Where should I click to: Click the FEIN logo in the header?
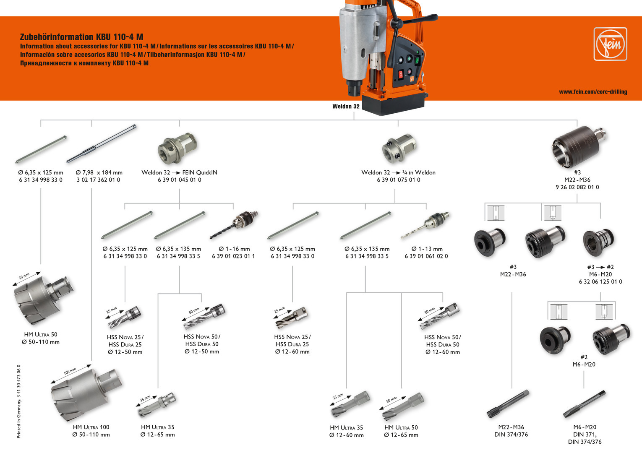610,44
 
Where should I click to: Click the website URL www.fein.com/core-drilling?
592,92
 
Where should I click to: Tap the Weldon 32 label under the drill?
346,107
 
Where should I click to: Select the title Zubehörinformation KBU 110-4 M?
81,37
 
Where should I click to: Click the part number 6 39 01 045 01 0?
179,180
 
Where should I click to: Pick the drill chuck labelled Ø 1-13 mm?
425,224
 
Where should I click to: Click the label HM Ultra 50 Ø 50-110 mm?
41,338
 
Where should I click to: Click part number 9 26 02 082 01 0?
577,187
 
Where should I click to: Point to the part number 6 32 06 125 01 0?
600,282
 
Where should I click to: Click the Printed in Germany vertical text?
18,401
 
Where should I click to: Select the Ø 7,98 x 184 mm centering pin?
101,144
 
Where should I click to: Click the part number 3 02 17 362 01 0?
98,180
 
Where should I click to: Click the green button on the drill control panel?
417,60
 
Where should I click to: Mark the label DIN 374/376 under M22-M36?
511,435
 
